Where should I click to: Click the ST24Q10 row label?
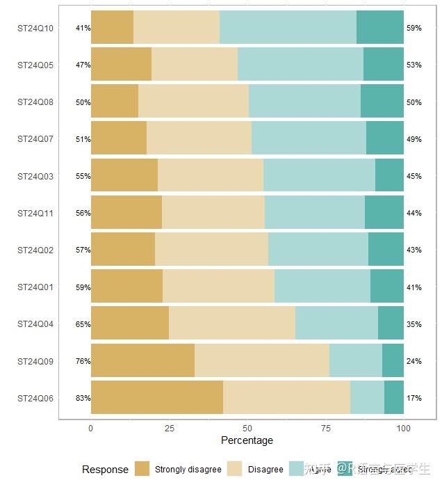(35, 29)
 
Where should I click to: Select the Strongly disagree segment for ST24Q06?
(157, 398)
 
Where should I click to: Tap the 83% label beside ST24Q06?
(83, 399)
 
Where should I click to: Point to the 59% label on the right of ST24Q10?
(414, 29)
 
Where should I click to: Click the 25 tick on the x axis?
(169, 429)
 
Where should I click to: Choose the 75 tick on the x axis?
(325, 429)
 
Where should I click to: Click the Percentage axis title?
(247, 440)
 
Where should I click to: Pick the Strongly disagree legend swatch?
(142, 469)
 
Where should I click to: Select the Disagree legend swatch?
(235, 469)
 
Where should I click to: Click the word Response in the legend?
(105, 470)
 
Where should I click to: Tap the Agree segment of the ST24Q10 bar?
(288, 29)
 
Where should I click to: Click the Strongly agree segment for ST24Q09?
(393, 361)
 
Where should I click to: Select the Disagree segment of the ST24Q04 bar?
(232, 324)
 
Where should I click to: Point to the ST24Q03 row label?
(35, 177)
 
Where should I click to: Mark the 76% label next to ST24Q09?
(83, 361)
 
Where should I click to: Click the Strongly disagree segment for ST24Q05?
(121, 65)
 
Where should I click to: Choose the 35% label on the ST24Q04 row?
(414, 324)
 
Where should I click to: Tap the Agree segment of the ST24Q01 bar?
(322, 287)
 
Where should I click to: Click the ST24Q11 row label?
(35, 214)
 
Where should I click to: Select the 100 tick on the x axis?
(403, 429)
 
